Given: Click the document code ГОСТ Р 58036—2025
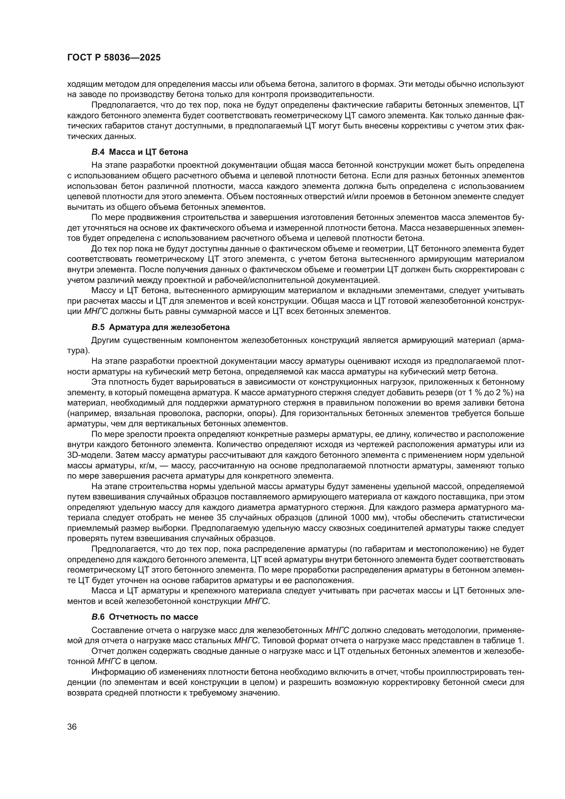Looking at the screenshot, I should click(114, 58).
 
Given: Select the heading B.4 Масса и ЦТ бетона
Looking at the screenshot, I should click(139, 152).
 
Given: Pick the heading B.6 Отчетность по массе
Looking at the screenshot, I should click(144, 617).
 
